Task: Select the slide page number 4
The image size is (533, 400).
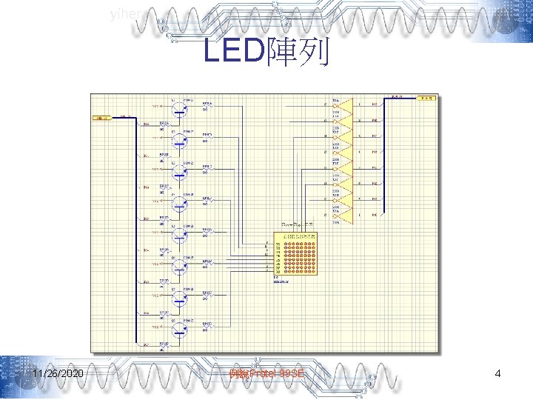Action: tap(497, 374)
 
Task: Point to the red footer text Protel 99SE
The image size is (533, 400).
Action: tap(266, 375)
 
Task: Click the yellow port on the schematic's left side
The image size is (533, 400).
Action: tap(101, 118)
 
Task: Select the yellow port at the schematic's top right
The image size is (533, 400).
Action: tap(427, 97)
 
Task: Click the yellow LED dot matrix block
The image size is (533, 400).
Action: tap(295, 254)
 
